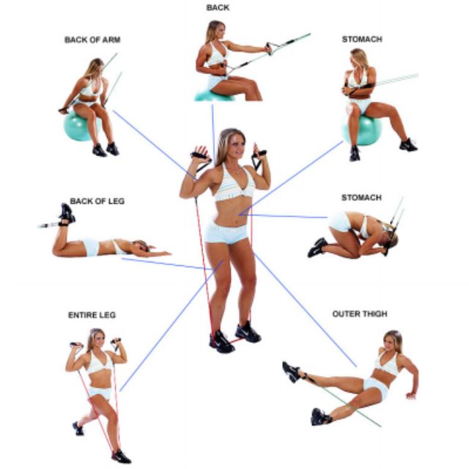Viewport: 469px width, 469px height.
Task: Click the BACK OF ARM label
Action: point(92,40)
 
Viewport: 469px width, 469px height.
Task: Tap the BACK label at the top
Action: point(218,8)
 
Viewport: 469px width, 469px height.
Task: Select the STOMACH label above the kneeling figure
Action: point(361,198)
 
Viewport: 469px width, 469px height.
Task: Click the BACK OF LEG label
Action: point(97,201)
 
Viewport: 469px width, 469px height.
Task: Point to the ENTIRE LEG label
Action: point(92,315)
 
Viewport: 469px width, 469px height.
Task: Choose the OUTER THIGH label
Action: point(360,314)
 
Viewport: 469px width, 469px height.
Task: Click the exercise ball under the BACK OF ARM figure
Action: point(76,126)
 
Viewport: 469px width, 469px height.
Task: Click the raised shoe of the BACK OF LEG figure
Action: point(67,213)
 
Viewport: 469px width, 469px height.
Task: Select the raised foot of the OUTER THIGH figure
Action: point(291,372)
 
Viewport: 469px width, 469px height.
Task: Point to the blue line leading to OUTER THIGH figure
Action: point(305,309)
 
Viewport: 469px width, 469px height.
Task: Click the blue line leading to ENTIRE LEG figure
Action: point(171,325)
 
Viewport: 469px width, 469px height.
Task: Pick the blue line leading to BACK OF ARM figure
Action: point(155,145)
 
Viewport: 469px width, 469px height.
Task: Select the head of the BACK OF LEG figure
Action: point(141,245)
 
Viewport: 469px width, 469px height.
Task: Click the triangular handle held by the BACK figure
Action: point(272,48)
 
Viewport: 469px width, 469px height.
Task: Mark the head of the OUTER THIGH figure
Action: point(393,341)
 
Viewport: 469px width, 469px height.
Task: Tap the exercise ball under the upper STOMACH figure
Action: point(363,130)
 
